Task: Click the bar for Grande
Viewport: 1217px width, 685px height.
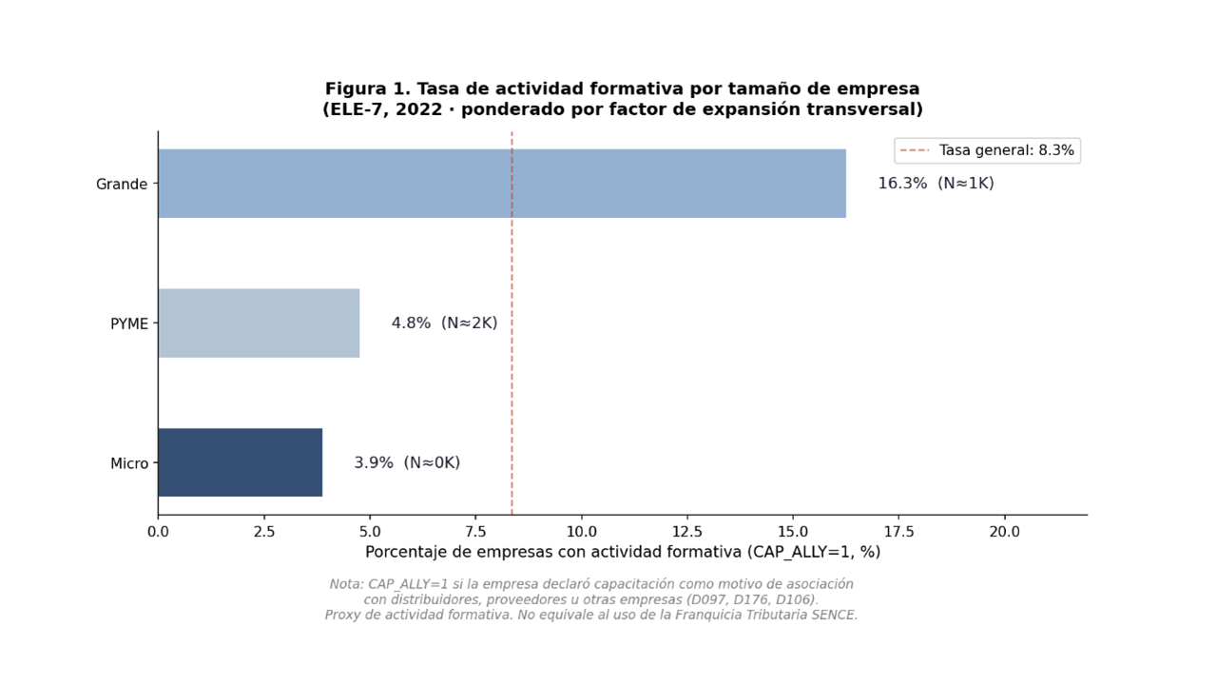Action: pyautogui.click(x=501, y=184)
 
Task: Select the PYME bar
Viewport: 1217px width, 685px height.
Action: pyautogui.click(x=259, y=323)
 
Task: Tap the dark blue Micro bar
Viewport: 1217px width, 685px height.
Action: pyautogui.click(x=240, y=462)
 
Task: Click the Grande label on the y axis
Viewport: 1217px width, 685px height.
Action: pyautogui.click(x=122, y=185)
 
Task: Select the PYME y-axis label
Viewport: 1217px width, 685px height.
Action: pyautogui.click(x=129, y=324)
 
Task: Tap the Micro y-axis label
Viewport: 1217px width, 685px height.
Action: pyautogui.click(x=129, y=464)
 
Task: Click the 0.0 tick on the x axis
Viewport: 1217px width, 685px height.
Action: pyautogui.click(x=158, y=532)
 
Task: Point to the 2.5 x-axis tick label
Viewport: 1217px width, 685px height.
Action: pyautogui.click(x=263, y=532)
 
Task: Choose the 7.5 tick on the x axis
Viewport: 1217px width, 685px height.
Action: pyautogui.click(x=475, y=532)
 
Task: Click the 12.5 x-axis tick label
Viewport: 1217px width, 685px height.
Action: pyautogui.click(x=686, y=532)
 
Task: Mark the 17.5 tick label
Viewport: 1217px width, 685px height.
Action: pyautogui.click(x=898, y=532)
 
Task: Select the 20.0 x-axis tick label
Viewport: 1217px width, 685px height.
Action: pyautogui.click(x=1004, y=532)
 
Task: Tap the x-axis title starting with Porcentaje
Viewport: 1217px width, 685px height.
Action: pyautogui.click(x=622, y=552)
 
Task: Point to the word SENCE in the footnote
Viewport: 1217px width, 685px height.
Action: pyautogui.click(x=834, y=616)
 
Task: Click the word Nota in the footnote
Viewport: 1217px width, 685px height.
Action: pyautogui.click(x=346, y=584)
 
